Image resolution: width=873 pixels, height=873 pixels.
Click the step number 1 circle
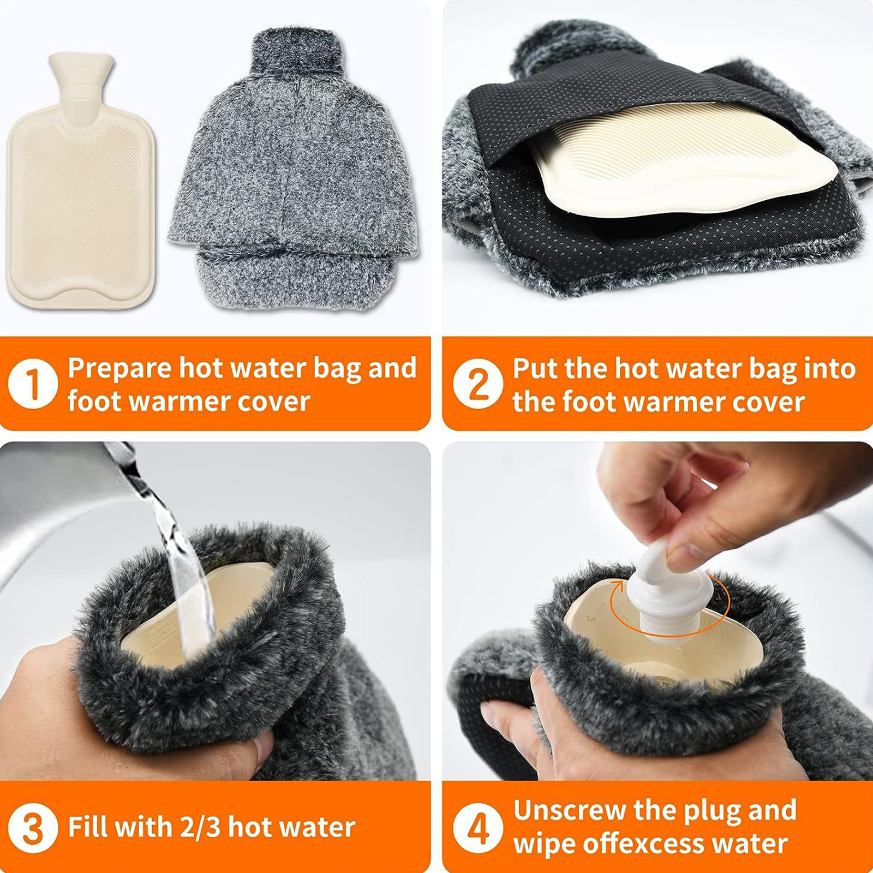pos(33,384)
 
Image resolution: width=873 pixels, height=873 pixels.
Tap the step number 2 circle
pos(478,384)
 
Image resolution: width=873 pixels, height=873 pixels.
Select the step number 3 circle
pos(33,828)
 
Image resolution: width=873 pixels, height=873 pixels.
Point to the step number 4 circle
pos(478,828)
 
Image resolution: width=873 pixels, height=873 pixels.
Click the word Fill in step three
pos(87,827)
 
